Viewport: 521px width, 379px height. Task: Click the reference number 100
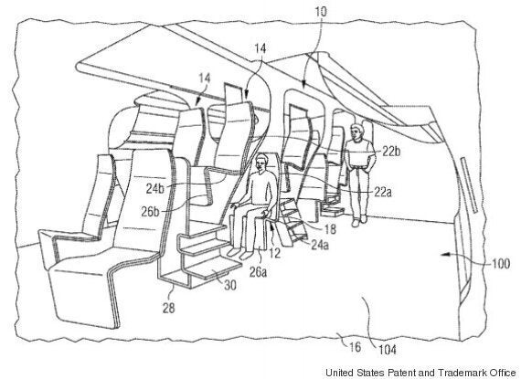coord(501,264)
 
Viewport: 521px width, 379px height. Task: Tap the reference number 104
coord(388,350)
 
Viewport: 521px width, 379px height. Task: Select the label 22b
coord(391,152)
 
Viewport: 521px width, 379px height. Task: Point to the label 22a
coord(382,192)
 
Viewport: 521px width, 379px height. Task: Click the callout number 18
coord(329,228)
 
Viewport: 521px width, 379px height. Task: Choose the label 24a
coord(320,245)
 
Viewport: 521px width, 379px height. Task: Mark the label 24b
coord(155,188)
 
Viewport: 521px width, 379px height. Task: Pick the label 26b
coord(150,211)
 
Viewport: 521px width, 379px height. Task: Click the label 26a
coord(258,272)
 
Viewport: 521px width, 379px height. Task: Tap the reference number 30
coord(230,285)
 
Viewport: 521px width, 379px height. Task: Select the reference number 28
coord(168,308)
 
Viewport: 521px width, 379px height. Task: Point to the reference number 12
coord(275,254)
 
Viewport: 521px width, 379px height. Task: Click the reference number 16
coord(355,347)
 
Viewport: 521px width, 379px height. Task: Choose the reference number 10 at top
coord(321,12)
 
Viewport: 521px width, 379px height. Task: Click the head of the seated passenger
coord(261,163)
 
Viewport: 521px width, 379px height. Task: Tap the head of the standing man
coord(356,131)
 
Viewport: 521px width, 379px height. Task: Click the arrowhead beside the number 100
coord(445,255)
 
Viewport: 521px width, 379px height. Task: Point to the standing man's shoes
coord(359,221)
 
